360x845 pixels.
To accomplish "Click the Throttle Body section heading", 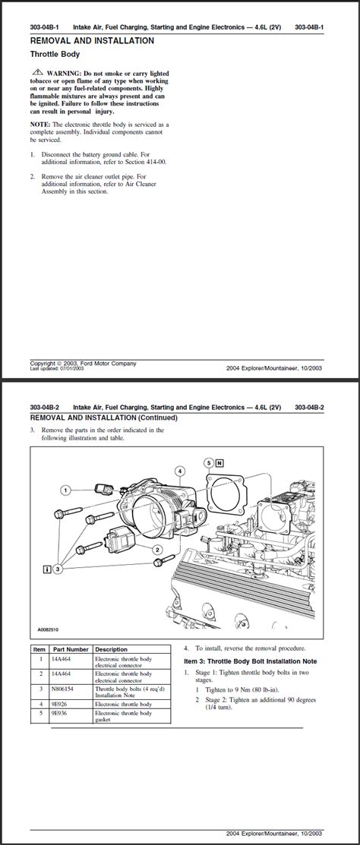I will click(55, 55).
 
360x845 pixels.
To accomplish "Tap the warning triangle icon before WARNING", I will click(38, 71).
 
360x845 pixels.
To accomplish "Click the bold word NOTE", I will click(40, 124).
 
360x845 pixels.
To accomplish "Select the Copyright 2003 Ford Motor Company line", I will click(84, 364).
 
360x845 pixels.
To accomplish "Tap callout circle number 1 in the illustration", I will click(66, 490).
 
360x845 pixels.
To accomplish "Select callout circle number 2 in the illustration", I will click(157, 549).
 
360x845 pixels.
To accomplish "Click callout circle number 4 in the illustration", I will click(179, 471).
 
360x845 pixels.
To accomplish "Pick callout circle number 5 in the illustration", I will click(209, 462).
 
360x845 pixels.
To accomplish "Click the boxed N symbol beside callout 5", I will click(219, 462).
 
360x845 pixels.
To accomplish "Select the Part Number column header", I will click(71, 650).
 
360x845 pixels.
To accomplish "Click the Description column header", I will click(112, 650).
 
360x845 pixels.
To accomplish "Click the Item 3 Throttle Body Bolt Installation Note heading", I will click(250, 661).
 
